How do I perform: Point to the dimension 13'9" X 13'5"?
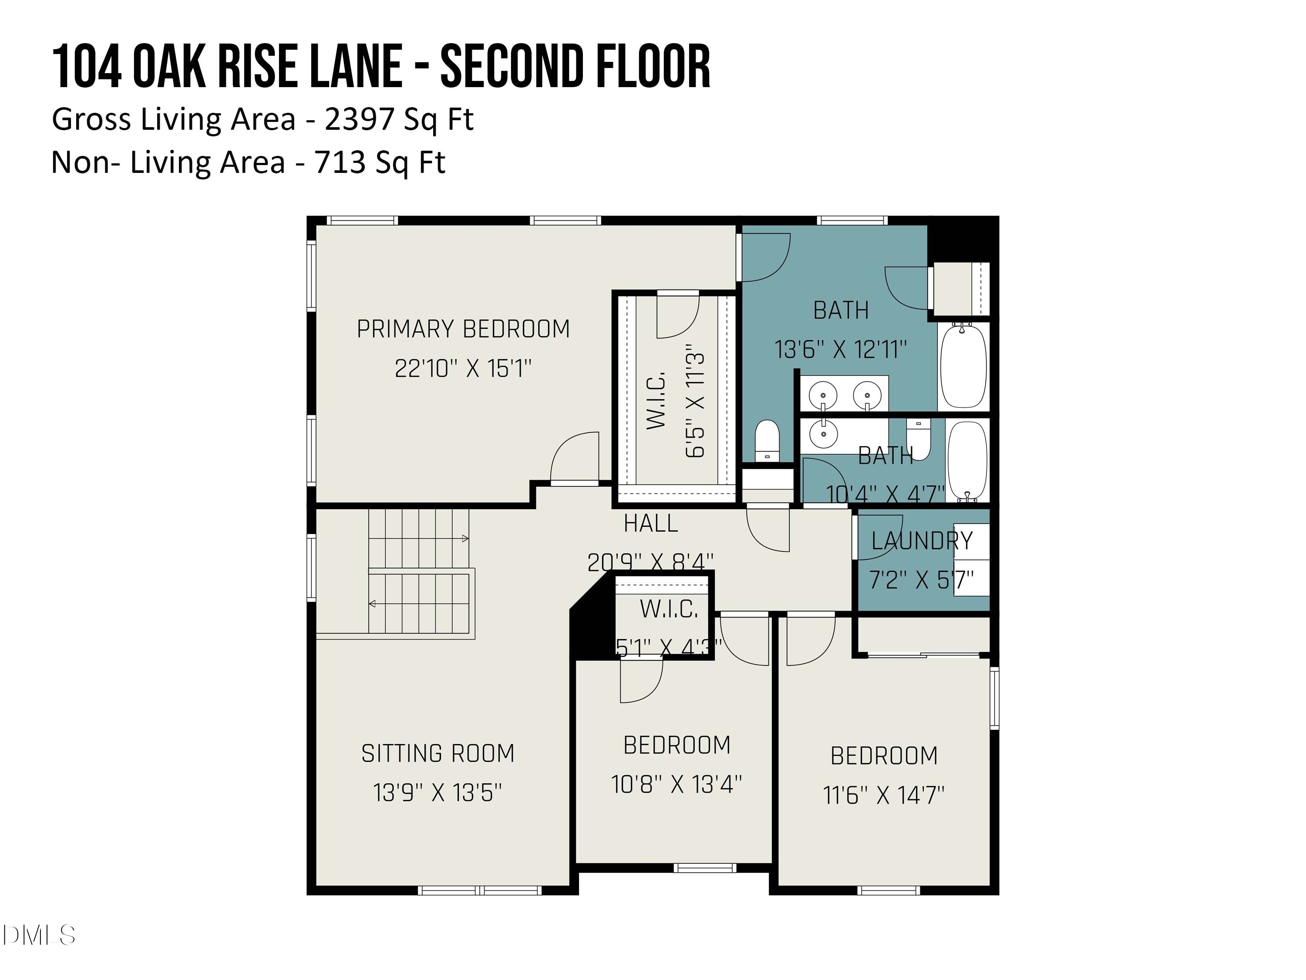pyautogui.click(x=438, y=793)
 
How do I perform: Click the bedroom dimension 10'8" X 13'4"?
pyautogui.click(x=677, y=784)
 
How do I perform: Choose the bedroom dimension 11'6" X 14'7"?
pyautogui.click(x=884, y=795)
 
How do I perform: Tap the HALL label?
pyautogui.click(x=651, y=524)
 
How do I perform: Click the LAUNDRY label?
pyautogui.click(x=922, y=541)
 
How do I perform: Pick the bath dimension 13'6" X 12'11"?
pyautogui.click(x=841, y=350)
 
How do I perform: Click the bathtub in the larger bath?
pyautogui.click(x=963, y=366)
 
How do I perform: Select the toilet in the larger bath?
pyautogui.click(x=767, y=439)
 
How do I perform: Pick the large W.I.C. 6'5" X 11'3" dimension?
pyautogui.click(x=696, y=405)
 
